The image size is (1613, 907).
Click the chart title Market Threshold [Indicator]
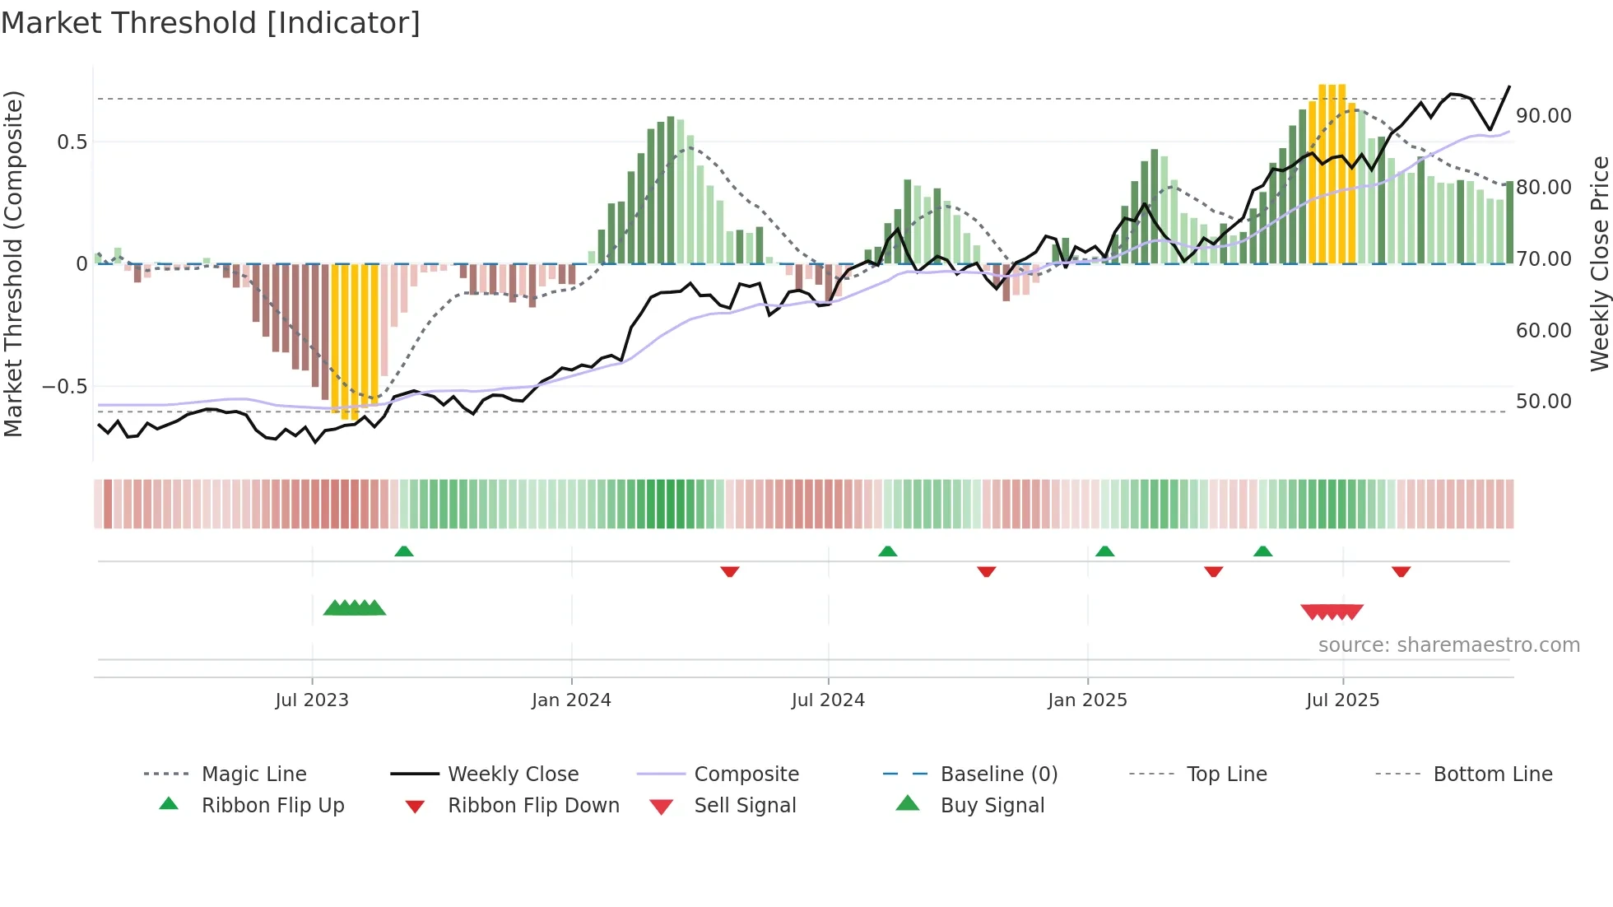[x=211, y=23]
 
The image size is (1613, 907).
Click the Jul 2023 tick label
[x=312, y=700]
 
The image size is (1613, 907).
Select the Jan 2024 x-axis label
[x=571, y=700]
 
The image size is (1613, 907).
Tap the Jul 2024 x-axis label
[x=828, y=700]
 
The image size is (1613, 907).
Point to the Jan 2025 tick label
[x=1087, y=700]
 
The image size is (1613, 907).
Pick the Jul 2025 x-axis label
[x=1342, y=700]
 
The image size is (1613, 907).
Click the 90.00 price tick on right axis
[x=1544, y=116]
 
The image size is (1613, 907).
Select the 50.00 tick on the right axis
[x=1544, y=402]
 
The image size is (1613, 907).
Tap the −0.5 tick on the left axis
[x=64, y=387]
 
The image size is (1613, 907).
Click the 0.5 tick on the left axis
[x=72, y=142]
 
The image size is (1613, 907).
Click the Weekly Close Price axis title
[x=1599, y=263]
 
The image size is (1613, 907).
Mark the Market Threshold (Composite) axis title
[x=13, y=263]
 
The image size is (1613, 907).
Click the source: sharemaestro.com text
[x=1448, y=645]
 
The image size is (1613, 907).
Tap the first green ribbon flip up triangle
[x=404, y=551]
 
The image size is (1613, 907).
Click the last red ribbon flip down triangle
[x=1401, y=572]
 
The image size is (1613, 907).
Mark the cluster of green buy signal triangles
[x=355, y=608]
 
